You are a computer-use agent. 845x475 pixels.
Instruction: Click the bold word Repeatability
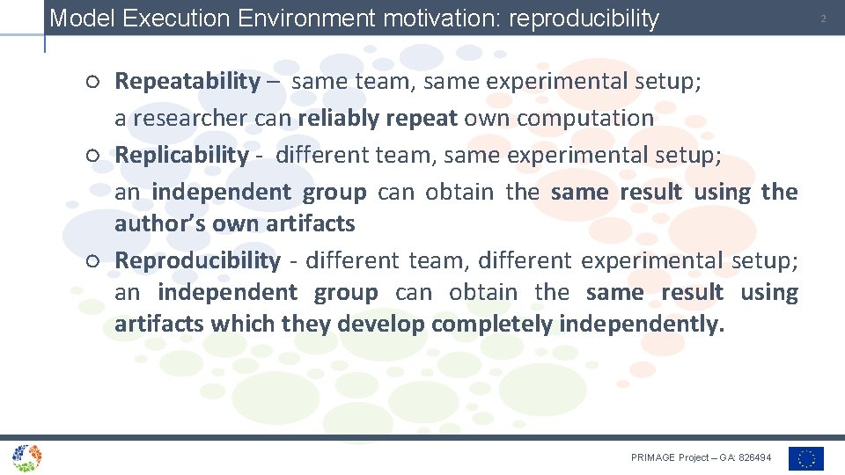187,82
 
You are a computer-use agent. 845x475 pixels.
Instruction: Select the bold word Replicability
182,155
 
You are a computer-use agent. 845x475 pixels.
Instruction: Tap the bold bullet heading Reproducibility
197,260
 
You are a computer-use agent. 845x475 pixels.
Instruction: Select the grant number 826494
755,457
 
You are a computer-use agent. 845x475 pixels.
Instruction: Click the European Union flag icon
805,458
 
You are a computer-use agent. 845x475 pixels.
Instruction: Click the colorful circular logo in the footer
26,457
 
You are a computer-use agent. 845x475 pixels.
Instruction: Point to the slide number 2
823,18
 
